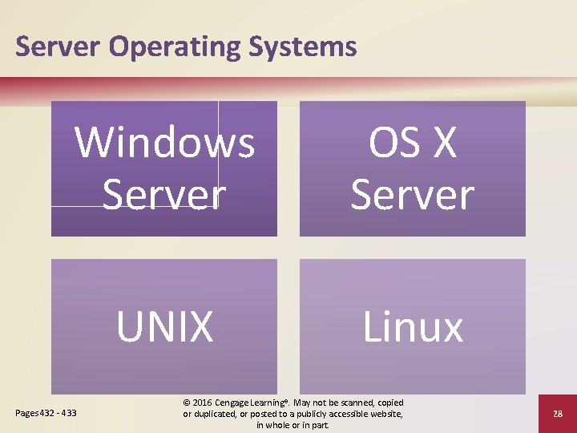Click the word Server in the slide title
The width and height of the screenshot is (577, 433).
pos(59,47)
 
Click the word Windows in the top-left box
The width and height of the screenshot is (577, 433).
pos(165,143)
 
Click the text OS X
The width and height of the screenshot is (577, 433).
pos(413,143)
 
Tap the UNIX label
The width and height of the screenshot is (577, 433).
pos(165,326)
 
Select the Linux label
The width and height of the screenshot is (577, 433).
pos(413,326)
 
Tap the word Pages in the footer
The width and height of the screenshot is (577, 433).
pos(26,414)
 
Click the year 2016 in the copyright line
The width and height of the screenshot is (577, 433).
pos(204,403)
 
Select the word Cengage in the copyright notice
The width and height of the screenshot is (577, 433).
pos(236,403)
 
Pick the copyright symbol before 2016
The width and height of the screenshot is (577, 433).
pos(187,403)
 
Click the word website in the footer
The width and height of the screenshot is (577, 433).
pos(384,414)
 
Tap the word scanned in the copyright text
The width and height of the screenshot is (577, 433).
pos(357,403)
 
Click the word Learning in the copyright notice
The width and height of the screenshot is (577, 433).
pos(272,403)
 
